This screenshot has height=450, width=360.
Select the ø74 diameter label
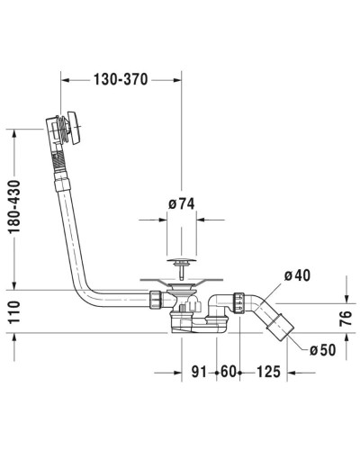(x=181, y=202)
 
